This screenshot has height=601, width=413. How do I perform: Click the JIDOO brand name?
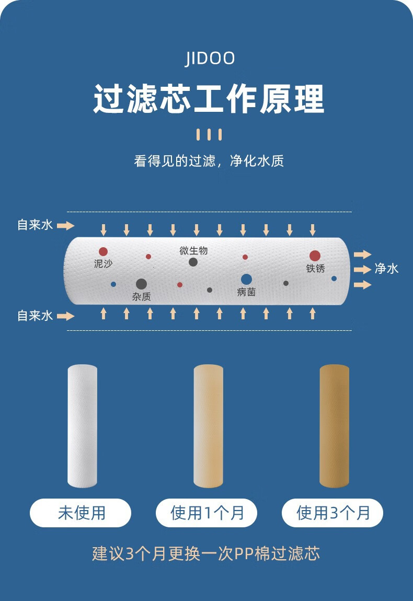(210, 59)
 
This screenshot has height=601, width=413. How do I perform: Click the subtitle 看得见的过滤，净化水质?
(209, 161)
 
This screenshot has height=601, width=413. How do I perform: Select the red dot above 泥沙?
(103, 251)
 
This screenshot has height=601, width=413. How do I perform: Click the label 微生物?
(193, 251)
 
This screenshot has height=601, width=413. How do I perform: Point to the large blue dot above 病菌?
(246, 280)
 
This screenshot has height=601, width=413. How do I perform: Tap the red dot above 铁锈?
(315, 256)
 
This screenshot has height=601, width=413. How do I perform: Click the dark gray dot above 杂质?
(141, 284)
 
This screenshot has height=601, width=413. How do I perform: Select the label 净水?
(386, 269)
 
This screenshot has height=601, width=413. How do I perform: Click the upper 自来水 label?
(35, 225)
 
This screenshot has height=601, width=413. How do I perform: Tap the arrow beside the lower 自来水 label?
(66, 316)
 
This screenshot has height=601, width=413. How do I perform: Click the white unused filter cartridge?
(83, 426)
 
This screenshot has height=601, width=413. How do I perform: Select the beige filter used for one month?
(208, 426)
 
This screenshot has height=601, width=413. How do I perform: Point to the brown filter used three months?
(334, 426)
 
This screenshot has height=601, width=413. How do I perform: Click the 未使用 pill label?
(81, 513)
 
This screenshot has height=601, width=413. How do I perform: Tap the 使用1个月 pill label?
(206, 513)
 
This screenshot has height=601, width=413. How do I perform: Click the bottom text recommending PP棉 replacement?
(206, 553)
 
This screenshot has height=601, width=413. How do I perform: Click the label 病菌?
(246, 292)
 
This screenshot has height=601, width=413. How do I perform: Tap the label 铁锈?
(315, 269)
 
